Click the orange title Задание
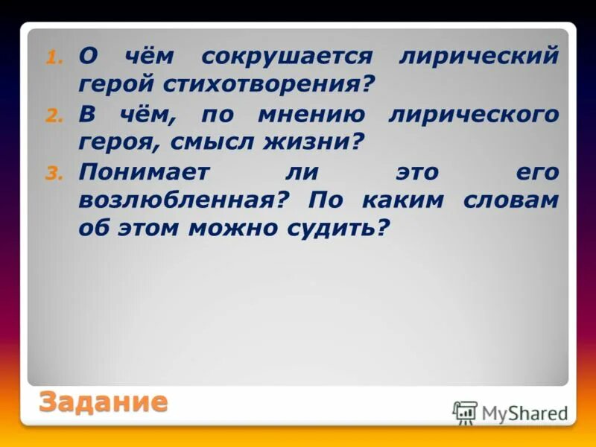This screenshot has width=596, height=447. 103,402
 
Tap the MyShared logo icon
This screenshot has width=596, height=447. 465,412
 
